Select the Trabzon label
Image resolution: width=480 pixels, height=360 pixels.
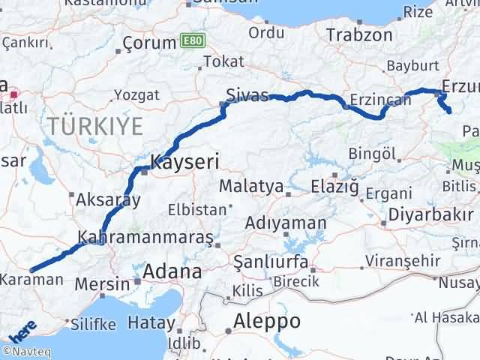(360, 34)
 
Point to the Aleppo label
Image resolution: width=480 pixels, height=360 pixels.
(267, 321)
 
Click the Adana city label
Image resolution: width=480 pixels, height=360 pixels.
(175, 271)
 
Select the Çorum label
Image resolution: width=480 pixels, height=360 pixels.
(148, 43)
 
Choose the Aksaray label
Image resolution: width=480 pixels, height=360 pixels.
(109, 199)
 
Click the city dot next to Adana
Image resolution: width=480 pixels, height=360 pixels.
(137, 282)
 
